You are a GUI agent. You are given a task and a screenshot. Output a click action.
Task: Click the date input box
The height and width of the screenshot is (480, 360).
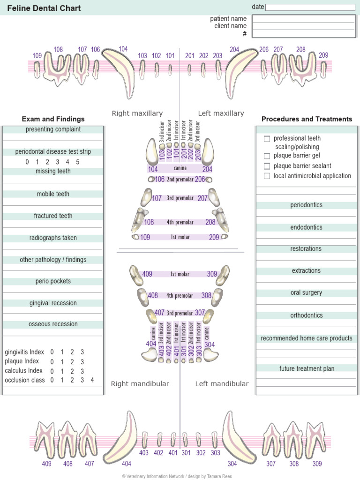[310, 7]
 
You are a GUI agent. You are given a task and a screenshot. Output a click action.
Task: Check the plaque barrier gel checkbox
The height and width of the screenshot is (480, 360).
[267, 156]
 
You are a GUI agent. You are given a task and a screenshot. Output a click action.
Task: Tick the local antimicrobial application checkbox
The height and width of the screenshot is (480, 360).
[267, 176]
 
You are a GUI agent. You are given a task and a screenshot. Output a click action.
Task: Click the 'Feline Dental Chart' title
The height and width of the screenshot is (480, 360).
[44, 8]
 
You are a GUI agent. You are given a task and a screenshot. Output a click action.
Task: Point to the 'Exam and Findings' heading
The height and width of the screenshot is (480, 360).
[53, 119]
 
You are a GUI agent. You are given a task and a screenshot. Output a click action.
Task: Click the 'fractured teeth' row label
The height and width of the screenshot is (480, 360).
[53, 216]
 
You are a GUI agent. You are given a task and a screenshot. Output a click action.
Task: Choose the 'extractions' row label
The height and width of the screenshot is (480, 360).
[306, 271]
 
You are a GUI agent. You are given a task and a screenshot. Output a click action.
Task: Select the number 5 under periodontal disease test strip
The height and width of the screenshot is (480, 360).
[78, 162]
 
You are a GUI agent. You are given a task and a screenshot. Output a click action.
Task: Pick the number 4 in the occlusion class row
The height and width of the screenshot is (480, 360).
[92, 380]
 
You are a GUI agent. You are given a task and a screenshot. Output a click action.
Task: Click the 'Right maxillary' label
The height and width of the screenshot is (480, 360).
[137, 113]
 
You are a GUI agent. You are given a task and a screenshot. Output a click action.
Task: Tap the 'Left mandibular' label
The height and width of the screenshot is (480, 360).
[222, 384]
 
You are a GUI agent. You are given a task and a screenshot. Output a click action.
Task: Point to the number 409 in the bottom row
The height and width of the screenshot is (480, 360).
[46, 464]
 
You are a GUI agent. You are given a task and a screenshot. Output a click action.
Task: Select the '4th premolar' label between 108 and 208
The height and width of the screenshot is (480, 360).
[180, 222]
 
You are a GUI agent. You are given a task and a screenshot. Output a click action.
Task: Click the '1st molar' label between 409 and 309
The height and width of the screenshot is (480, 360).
[180, 274]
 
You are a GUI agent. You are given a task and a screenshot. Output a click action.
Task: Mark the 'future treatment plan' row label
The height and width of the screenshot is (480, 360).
[307, 369]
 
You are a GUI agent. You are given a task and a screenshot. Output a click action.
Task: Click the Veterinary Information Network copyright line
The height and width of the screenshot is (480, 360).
[177, 476]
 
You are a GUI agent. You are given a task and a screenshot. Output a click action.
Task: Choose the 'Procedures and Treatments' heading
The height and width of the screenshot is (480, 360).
[307, 119]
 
